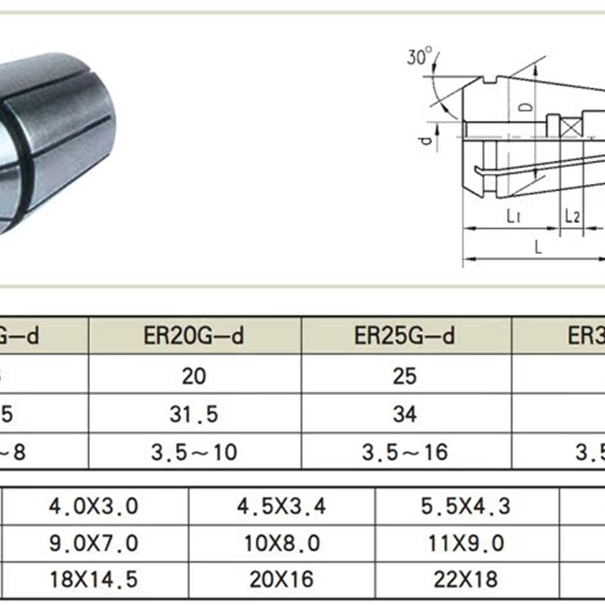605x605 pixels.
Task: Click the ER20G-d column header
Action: pyautogui.click(x=194, y=336)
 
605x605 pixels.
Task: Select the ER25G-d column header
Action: pyautogui.click(x=405, y=336)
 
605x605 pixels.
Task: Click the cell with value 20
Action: pyautogui.click(x=194, y=375)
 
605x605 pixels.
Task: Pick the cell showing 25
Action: pyautogui.click(x=405, y=375)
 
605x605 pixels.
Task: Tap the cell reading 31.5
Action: pyautogui.click(x=194, y=414)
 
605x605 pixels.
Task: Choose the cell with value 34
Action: pyautogui.click(x=405, y=414)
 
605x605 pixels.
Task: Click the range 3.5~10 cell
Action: pyautogui.click(x=194, y=452)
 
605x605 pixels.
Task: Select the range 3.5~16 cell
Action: pyautogui.click(x=405, y=452)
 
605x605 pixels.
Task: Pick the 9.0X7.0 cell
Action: pyautogui.click(x=94, y=543)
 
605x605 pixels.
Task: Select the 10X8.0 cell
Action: pyautogui.click(x=281, y=543)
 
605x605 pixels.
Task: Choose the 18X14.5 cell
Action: pyautogui.click(x=94, y=579)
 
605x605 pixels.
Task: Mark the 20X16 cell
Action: pyautogui.click(x=281, y=579)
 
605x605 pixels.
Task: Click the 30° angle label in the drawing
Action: pyautogui.click(x=418, y=57)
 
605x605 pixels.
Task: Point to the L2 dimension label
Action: pyautogui.click(x=572, y=216)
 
